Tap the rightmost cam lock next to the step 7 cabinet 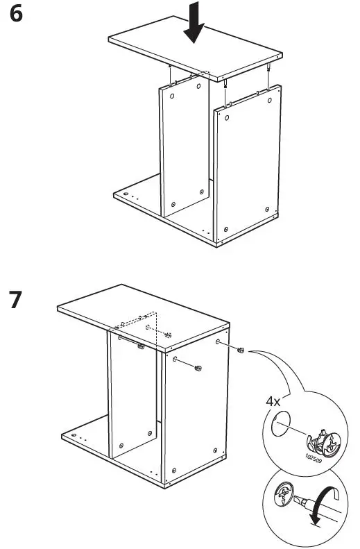[x=240, y=350]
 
